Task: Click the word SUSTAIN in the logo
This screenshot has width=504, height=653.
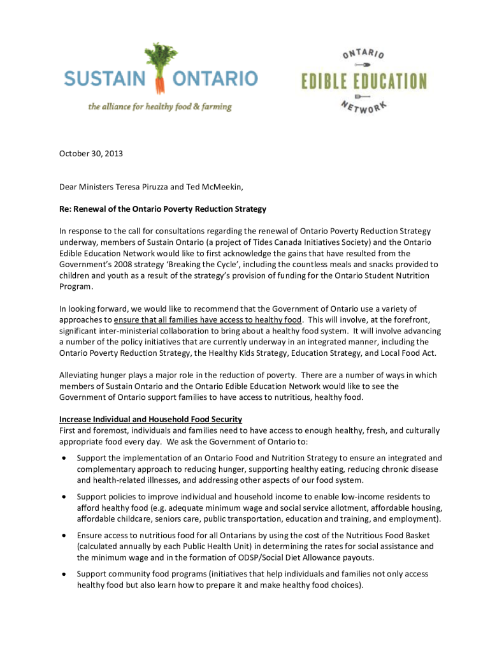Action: pos(104,80)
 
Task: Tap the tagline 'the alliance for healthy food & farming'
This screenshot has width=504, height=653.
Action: pos(160,107)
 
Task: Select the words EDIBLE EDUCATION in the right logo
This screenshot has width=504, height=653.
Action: pos(364,82)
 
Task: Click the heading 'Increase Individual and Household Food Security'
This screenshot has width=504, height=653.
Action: pos(150,420)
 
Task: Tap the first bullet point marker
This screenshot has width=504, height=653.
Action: pos(64,459)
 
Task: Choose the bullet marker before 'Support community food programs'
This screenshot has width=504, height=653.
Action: pos(64,575)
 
